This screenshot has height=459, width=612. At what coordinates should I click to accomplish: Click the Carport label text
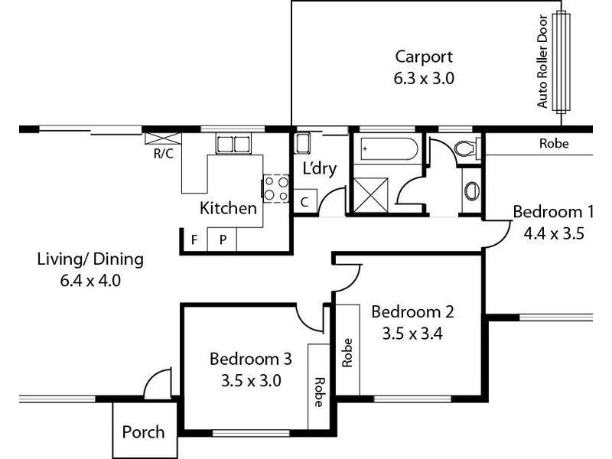[424, 57]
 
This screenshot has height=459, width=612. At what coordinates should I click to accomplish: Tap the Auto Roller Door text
[543, 61]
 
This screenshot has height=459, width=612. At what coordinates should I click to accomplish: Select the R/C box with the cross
[163, 138]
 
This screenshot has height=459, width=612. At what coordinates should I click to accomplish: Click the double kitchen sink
[233, 143]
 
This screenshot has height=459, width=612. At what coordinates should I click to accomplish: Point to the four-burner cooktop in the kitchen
[276, 188]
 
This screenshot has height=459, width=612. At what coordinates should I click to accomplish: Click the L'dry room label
[320, 169]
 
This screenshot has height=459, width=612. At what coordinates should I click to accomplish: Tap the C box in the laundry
[304, 203]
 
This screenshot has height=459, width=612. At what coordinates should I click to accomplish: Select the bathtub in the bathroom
[387, 148]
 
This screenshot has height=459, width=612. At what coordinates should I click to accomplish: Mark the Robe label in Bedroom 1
[554, 143]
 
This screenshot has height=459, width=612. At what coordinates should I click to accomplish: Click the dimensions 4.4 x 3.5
[553, 235]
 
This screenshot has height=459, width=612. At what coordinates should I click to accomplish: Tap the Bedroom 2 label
[412, 312]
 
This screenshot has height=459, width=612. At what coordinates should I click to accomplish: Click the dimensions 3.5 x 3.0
[251, 380]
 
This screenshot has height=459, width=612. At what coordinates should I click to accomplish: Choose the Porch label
[143, 432]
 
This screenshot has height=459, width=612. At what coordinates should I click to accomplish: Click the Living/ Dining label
[90, 259]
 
